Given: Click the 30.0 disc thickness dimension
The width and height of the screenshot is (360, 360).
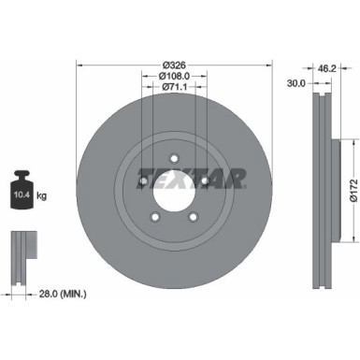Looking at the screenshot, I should pyautogui.click(x=295, y=82).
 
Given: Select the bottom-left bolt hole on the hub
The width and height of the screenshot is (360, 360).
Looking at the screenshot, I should pyautogui.click(x=155, y=216).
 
